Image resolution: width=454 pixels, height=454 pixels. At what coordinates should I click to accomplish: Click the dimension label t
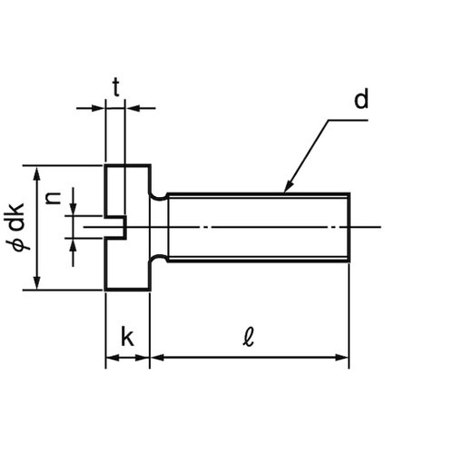coord(116,87)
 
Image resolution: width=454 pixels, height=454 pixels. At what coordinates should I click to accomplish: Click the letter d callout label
coord(361,99)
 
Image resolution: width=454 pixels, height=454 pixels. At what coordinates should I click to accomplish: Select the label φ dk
coord(15,227)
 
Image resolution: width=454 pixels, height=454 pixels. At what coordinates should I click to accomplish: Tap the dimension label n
coord(54,198)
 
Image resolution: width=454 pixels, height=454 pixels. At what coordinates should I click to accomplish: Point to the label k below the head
coord(127,336)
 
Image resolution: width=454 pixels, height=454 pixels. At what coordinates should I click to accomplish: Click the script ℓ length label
coord(248,337)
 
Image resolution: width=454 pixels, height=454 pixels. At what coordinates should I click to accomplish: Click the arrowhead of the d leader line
coord(288,187)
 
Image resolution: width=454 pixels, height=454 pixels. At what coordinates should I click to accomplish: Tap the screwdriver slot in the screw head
coord(115,227)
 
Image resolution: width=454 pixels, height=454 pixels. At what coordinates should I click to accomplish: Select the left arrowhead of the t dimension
coord(98,108)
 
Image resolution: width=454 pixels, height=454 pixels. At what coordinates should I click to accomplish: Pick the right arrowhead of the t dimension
coord(132,108)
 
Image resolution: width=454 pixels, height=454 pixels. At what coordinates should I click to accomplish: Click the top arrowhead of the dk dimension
coord(37,173)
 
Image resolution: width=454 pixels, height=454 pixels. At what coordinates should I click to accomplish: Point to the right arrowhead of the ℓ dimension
coord(342,358)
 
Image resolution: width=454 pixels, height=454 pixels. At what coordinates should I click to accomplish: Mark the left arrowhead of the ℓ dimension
coord(157,358)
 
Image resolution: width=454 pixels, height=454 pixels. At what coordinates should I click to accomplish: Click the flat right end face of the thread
coord(350,227)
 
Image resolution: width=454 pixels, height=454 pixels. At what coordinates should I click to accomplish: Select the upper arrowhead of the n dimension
coord(73,209)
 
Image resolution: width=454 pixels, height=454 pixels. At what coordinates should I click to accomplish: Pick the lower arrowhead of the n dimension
coord(73,245)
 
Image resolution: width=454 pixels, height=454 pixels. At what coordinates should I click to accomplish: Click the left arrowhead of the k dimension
coord(113,358)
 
